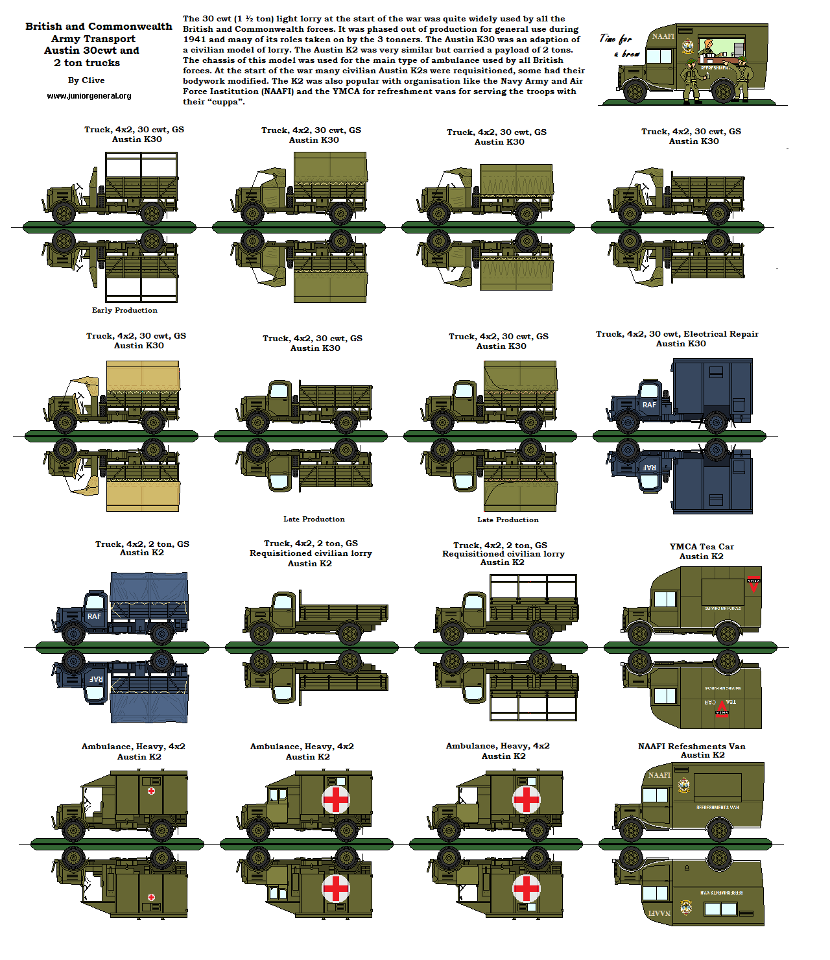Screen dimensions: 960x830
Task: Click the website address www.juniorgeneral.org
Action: tap(89, 96)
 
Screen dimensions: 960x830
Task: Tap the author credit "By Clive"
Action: tap(86, 80)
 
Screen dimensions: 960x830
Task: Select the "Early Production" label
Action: tap(124, 310)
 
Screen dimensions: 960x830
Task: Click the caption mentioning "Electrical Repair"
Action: tap(677, 334)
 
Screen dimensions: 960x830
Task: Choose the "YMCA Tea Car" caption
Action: tap(702, 547)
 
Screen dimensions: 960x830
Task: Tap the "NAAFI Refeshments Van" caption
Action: tap(691, 747)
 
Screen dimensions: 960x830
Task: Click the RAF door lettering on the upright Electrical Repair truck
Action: tap(649, 405)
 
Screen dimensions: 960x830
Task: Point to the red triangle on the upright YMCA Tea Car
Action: tap(753, 583)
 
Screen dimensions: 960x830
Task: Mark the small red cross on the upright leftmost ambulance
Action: tap(151, 791)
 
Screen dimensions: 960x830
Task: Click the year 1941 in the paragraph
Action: tap(194, 40)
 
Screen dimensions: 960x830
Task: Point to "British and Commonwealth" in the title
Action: tap(99, 27)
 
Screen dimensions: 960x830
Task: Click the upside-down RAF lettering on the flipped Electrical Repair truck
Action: tap(649, 467)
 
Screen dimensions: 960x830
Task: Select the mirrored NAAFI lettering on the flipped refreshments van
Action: tap(659, 913)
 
